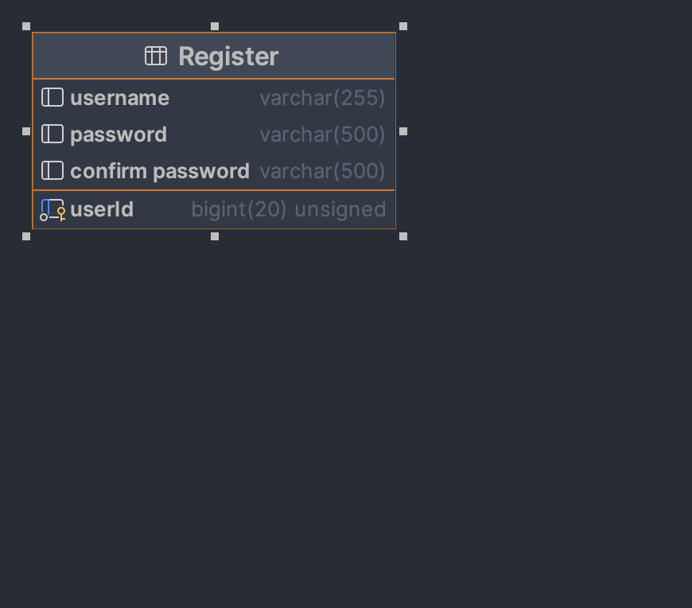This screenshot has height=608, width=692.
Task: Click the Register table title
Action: click(228, 57)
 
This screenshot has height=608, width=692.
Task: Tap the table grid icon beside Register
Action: click(156, 56)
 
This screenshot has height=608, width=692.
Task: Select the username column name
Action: click(119, 98)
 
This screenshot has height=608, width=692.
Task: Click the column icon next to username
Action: click(52, 98)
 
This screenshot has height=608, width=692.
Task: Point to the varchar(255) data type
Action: click(322, 98)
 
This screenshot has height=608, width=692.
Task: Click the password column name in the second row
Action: click(119, 134)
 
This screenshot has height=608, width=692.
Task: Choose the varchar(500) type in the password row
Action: click(322, 134)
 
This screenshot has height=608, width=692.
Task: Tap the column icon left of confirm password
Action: click(52, 171)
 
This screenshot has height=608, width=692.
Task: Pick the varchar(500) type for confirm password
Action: click(322, 171)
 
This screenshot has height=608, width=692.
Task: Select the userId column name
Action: click(102, 209)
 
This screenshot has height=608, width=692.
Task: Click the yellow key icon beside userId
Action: click(61, 213)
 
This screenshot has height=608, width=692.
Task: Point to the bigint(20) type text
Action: click(239, 209)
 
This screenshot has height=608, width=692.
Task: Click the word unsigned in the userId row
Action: click(340, 209)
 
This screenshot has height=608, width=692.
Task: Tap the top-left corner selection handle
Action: click(26, 26)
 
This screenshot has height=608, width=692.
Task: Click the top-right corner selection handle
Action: click(403, 26)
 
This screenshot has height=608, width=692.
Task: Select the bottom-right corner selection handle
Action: click(403, 236)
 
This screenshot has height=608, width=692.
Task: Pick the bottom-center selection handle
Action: click(215, 236)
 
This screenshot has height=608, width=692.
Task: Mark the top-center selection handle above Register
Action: click(215, 26)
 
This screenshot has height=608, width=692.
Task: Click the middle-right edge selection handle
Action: click(403, 131)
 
